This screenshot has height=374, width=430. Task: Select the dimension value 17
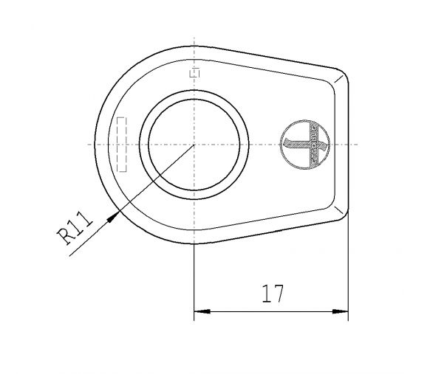(273, 294)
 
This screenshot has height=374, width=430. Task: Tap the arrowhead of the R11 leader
(114, 215)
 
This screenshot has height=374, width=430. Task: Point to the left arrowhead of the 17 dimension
(199, 312)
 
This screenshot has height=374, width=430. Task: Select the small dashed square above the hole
(194, 72)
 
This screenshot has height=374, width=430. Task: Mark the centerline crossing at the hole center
(194, 144)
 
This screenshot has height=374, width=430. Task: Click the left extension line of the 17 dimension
(194, 280)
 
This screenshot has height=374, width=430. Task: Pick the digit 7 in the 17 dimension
(279, 294)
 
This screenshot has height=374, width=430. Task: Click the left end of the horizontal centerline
(85, 144)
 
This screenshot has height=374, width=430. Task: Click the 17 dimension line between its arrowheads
(270, 312)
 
